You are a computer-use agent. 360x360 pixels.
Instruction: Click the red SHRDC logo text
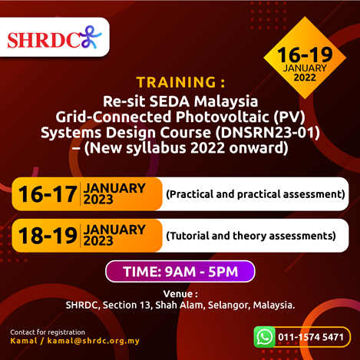click(x=44, y=40)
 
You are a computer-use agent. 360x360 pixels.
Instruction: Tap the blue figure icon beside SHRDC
click(x=91, y=37)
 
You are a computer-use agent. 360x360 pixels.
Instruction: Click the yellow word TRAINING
click(x=177, y=82)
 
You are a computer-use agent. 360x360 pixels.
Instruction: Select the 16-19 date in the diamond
click(x=305, y=54)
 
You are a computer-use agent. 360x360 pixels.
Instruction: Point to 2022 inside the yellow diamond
click(x=305, y=78)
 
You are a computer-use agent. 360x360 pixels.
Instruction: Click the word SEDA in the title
click(x=170, y=101)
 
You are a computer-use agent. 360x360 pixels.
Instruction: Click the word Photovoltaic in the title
click(x=223, y=117)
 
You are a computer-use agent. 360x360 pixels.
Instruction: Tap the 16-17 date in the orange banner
click(x=48, y=194)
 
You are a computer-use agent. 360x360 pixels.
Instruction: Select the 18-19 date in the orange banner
click(x=48, y=236)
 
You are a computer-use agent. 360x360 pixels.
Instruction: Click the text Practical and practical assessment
click(x=256, y=194)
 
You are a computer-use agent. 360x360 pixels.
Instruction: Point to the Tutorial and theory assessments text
click(x=251, y=236)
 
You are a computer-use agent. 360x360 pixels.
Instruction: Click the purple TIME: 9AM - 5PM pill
click(x=180, y=272)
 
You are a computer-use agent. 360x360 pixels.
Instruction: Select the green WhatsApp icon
click(x=265, y=337)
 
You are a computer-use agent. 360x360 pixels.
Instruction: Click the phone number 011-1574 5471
click(x=311, y=337)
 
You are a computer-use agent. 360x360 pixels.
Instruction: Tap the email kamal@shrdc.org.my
click(x=94, y=341)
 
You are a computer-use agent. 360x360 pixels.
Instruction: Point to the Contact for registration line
click(x=48, y=332)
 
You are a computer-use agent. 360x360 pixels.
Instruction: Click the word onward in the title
click(x=259, y=148)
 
